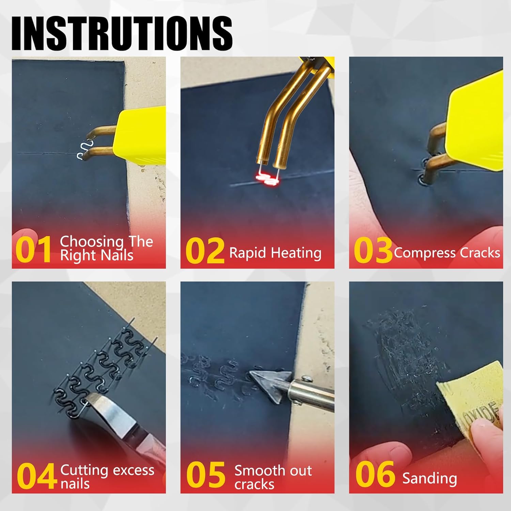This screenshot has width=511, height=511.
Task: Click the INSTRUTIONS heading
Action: (122, 33)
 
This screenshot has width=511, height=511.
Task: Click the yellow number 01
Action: (33, 249)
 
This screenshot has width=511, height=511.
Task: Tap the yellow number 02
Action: (205, 251)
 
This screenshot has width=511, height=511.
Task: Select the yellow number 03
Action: (373, 251)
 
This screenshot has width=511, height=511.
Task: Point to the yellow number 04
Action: (36, 476)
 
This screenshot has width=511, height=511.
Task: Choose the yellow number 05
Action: (205, 475)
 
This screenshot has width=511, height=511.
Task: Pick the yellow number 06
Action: (375, 474)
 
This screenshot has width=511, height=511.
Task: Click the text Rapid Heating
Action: (275, 253)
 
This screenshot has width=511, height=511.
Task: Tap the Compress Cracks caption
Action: (447, 253)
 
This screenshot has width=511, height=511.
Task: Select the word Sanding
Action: (429, 478)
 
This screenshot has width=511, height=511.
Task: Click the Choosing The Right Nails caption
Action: (106, 248)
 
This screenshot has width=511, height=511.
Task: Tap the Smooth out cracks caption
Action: (273, 477)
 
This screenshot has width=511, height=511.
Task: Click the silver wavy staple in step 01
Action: (83, 150)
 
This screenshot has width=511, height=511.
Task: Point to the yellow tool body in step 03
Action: (477, 119)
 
